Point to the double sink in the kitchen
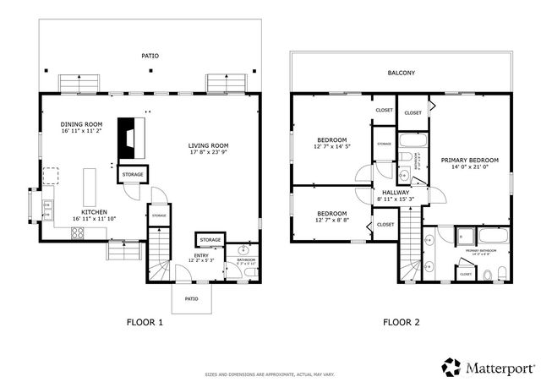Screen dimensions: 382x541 tap(48, 205)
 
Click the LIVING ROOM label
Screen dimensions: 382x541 tap(208, 146)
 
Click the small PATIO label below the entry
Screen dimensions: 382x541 tap(192, 298)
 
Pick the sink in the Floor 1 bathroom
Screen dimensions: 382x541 tap(243, 251)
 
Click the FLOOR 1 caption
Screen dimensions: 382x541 tap(145, 322)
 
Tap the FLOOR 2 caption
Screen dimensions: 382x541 tap(401, 322)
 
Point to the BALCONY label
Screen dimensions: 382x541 tap(401, 73)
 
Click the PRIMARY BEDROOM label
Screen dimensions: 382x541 tap(470, 160)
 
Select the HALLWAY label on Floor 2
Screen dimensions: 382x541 tap(395, 193)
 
